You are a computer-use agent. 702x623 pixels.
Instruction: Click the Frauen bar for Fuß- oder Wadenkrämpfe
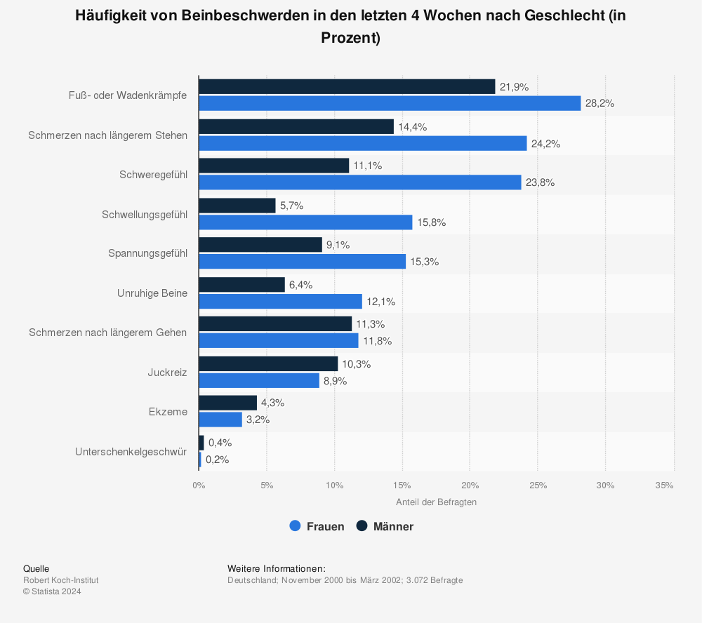pos(390,103)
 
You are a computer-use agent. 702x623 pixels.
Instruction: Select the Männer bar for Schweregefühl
pos(274,166)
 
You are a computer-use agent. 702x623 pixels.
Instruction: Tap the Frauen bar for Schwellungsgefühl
pos(305,222)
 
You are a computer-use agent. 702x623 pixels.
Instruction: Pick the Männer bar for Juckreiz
pos(268,364)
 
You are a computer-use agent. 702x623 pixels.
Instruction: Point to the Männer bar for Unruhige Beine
pos(241,285)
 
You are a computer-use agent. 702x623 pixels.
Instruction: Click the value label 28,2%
pos(600,103)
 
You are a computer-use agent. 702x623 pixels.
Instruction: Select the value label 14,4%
pos(412,127)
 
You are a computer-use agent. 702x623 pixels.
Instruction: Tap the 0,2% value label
pos(217,460)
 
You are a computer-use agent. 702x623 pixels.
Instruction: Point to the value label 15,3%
pos(424,262)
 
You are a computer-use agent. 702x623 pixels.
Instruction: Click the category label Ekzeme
pos(168,412)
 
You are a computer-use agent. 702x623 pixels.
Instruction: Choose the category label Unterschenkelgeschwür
pos(131,451)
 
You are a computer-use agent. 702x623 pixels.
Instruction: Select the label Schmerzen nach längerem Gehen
pos(108,333)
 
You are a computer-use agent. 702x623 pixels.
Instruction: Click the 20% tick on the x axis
pos(470,485)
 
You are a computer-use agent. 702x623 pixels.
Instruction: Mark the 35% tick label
pos(664,485)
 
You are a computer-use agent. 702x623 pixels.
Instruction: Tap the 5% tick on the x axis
pos(266,485)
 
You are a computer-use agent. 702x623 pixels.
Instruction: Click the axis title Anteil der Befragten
pos(436,502)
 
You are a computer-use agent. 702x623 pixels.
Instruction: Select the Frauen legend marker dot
pos(296,526)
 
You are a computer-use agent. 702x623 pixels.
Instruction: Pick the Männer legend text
pos(393,526)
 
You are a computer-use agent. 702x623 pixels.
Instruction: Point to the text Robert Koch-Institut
pos(61,580)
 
